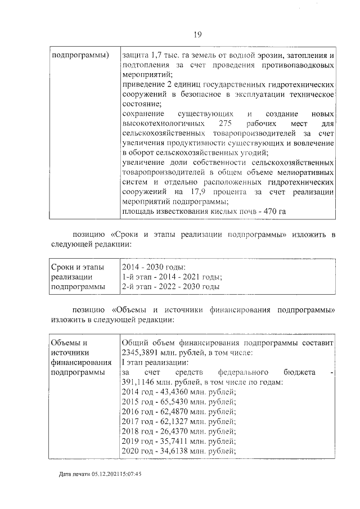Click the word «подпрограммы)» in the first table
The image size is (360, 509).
click(x=80, y=56)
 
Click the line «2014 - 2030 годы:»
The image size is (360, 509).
click(x=154, y=267)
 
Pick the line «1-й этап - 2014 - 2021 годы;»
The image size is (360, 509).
click(x=172, y=277)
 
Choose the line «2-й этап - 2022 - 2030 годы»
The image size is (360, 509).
click(x=170, y=287)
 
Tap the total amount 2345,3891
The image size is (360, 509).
click(x=141, y=353)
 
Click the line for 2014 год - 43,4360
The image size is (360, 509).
click(x=179, y=392)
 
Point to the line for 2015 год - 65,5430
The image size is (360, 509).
click(x=179, y=402)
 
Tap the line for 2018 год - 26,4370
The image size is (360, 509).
click(x=179, y=431)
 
